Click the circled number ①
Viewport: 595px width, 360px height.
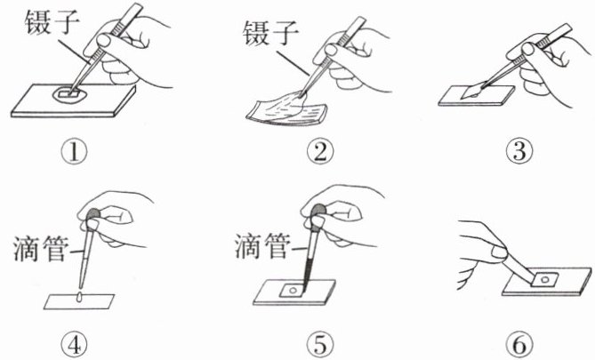pyautogui.click(x=74, y=152)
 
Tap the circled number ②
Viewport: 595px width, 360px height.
pyautogui.click(x=320, y=151)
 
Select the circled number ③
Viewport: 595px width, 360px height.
pyautogui.click(x=519, y=151)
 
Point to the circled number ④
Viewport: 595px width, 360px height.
pyautogui.click(x=75, y=344)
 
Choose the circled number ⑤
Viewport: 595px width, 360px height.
pyautogui.click(x=321, y=344)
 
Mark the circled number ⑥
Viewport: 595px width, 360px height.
pyautogui.click(x=519, y=344)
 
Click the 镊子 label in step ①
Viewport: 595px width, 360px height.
pyautogui.click(x=52, y=22)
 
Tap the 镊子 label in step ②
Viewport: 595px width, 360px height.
pyautogui.click(x=270, y=33)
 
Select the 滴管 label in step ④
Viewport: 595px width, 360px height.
pyautogui.click(x=41, y=249)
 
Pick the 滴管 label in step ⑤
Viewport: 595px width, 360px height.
pyautogui.click(x=262, y=246)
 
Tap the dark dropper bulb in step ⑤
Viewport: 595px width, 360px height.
pyautogui.click(x=318, y=211)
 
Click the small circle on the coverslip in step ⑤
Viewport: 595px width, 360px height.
pyautogui.click(x=293, y=291)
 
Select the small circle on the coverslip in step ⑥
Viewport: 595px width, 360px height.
pyautogui.click(x=545, y=280)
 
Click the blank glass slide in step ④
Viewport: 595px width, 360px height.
pyautogui.click(x=79, y=301)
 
